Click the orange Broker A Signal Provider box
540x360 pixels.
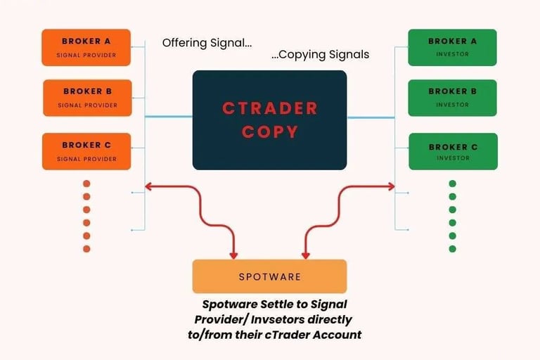click(86, 47)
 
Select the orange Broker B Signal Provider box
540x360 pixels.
click(87, 98)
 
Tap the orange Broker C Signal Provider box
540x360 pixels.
click(86, 151)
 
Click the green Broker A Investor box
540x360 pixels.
click(452, 47)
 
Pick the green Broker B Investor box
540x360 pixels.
click(452, 98)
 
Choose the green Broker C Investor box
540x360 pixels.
click(453, 151)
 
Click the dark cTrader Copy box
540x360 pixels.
click(269, 120)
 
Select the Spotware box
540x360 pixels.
click(269, 276)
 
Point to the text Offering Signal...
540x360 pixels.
click(207, 43)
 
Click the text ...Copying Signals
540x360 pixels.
click(320, 54)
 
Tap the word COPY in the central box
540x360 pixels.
click(269, 131)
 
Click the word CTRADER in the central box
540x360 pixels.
click(269, 108)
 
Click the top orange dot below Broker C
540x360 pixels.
click(86, 184)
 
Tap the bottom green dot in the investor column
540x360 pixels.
click(452, 249)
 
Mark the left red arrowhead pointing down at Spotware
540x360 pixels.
click(234, 254)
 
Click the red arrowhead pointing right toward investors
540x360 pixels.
click(390, 186)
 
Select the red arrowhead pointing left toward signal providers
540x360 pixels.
click(148, 186)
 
